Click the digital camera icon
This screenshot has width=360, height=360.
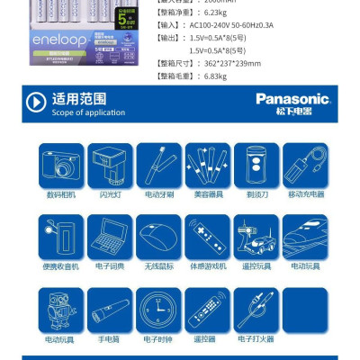[61, 165]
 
